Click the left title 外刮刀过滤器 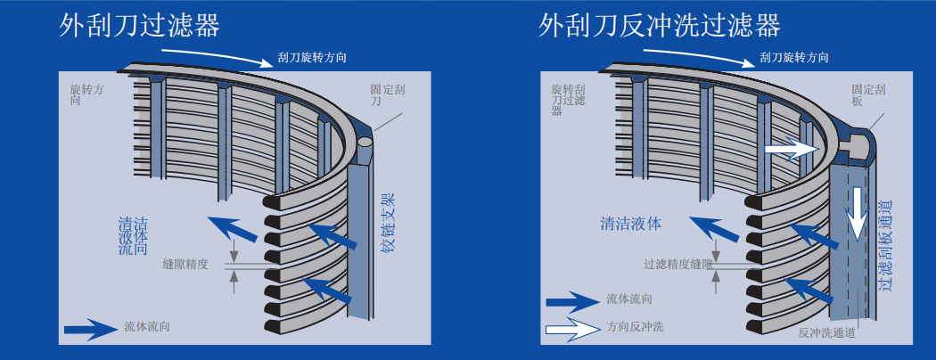[140, 25]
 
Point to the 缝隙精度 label [185, 264]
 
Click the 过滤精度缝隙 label [678, 264]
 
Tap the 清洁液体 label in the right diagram [631, 224]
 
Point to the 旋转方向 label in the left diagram [87, 95]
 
